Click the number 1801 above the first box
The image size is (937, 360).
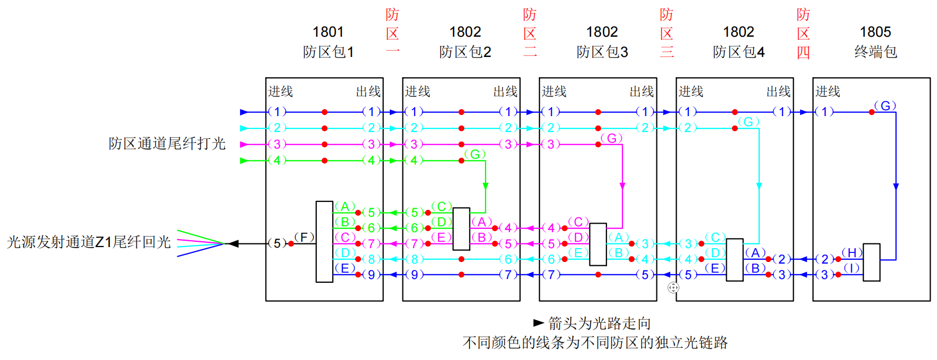click(x=328, y=32)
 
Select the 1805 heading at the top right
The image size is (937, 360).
click(x=875, y=32)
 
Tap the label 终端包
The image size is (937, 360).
click(x=875, y=52)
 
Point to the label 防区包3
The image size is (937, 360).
click(x=602, y=52)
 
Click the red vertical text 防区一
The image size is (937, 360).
click(x=392, y=33)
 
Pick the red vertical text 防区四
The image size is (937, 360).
click(x=803, y=33)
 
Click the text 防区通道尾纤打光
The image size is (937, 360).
click(x=167, y=144)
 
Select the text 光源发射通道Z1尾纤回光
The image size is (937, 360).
click(x=89, y=242)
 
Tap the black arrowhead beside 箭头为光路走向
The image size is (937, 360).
click(x=538, y=323)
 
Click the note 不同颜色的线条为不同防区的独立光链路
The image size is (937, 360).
click(x=595, y=342)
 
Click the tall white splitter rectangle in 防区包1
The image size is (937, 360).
click(x=324, y=242)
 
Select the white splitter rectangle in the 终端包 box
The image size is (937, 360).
click(x=872, y=262)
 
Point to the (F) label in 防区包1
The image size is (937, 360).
click(x=304, y=237)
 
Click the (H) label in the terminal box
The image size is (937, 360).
click(x=852, y=252)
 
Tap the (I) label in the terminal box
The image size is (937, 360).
click(x=852, y=268)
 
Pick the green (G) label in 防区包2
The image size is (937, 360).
click(x=475, y=154)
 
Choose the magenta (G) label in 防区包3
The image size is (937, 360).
click(x=612, y=138)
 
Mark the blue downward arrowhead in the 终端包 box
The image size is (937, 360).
click(x=896, y=186)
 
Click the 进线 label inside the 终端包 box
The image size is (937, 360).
click(x=828, y=92)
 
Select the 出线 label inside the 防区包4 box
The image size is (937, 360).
click(x=778, y=92)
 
